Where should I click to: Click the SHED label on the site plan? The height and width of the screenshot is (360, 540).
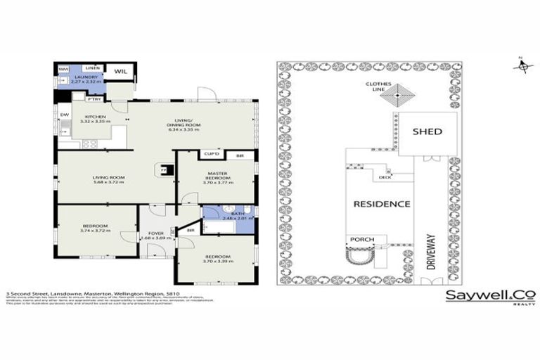427,131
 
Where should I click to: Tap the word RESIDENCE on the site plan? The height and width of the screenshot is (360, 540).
381,204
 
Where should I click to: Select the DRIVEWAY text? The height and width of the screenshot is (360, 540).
432,247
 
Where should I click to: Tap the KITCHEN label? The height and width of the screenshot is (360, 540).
95,117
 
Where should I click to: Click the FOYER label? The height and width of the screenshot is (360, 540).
154,233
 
